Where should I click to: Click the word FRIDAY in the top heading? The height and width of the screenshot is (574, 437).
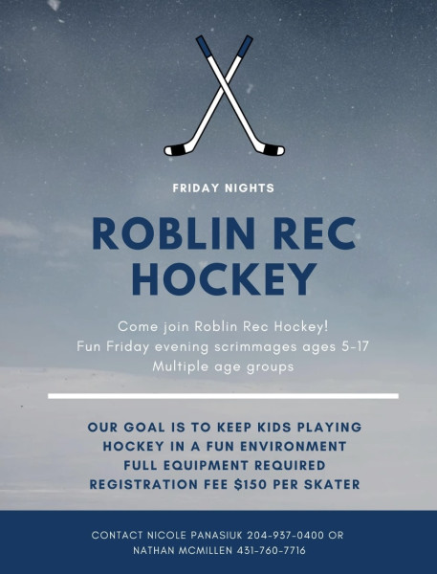(195, 188)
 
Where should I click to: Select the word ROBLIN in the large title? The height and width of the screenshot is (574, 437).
(174, 234)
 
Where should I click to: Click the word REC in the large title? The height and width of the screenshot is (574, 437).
(315, 234)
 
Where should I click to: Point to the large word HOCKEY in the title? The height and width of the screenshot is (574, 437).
(224, 279)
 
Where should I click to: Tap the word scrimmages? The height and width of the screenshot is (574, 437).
(255, 347)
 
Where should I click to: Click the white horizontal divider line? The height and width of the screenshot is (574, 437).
(223, 396)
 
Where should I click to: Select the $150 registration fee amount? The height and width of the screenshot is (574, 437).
(251, 484)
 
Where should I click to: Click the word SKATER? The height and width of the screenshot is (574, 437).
(333, 484)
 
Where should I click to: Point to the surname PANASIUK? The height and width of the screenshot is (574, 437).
(216, 535)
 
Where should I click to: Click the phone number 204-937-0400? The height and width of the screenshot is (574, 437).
(286, 535)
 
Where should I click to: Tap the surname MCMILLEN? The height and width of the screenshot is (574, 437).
(206, 550)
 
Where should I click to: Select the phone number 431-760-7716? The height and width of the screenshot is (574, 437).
(272, 550)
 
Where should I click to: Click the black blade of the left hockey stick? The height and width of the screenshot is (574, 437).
(175, 150)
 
